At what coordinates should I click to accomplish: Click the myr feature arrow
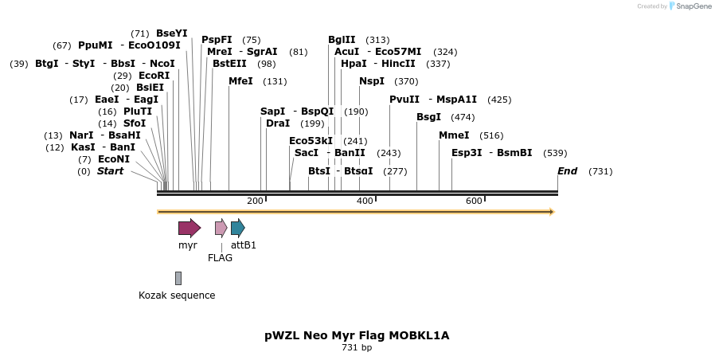click(189, 229)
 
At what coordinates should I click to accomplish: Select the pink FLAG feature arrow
click(221, 229)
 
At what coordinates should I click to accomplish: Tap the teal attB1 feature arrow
click(237, 229)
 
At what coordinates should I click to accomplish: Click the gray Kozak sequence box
click(178, 278)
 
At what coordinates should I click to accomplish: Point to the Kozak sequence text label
click(177, 295)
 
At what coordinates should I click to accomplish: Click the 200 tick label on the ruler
click(255, 201)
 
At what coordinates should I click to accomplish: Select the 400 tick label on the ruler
click(365, 201)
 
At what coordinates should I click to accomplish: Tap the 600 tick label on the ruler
click(474, 201)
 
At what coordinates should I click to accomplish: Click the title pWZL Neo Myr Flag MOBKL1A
click(357, 335)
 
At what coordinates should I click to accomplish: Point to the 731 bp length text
click(357, 347)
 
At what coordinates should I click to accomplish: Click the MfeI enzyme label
click(240, 81)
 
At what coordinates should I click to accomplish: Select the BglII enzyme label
click(342, 40)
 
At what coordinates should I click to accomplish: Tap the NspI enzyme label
click(372, 81)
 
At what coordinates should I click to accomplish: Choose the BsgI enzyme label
click(428, 117)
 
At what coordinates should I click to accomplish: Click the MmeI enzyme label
click(454, 135)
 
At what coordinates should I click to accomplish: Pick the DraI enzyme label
click(278, 123)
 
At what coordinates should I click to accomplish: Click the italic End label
click(567, 171)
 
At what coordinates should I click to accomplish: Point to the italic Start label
click(110, 171)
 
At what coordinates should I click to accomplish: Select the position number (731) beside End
click(600, 171)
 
